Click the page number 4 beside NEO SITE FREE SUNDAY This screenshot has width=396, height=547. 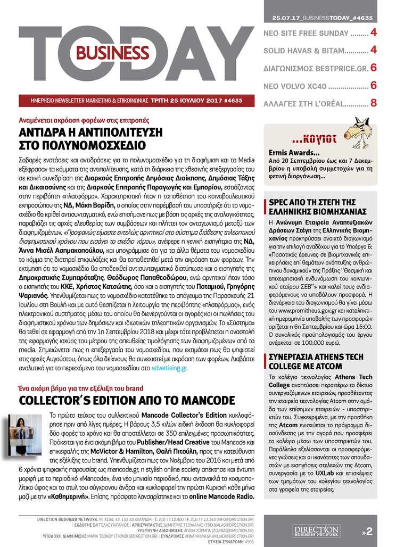click(x=374, y=33)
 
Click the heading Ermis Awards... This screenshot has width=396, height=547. click(x=288, y=153)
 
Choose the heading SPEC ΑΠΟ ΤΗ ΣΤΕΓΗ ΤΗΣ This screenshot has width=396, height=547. click(x=315, y=203)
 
